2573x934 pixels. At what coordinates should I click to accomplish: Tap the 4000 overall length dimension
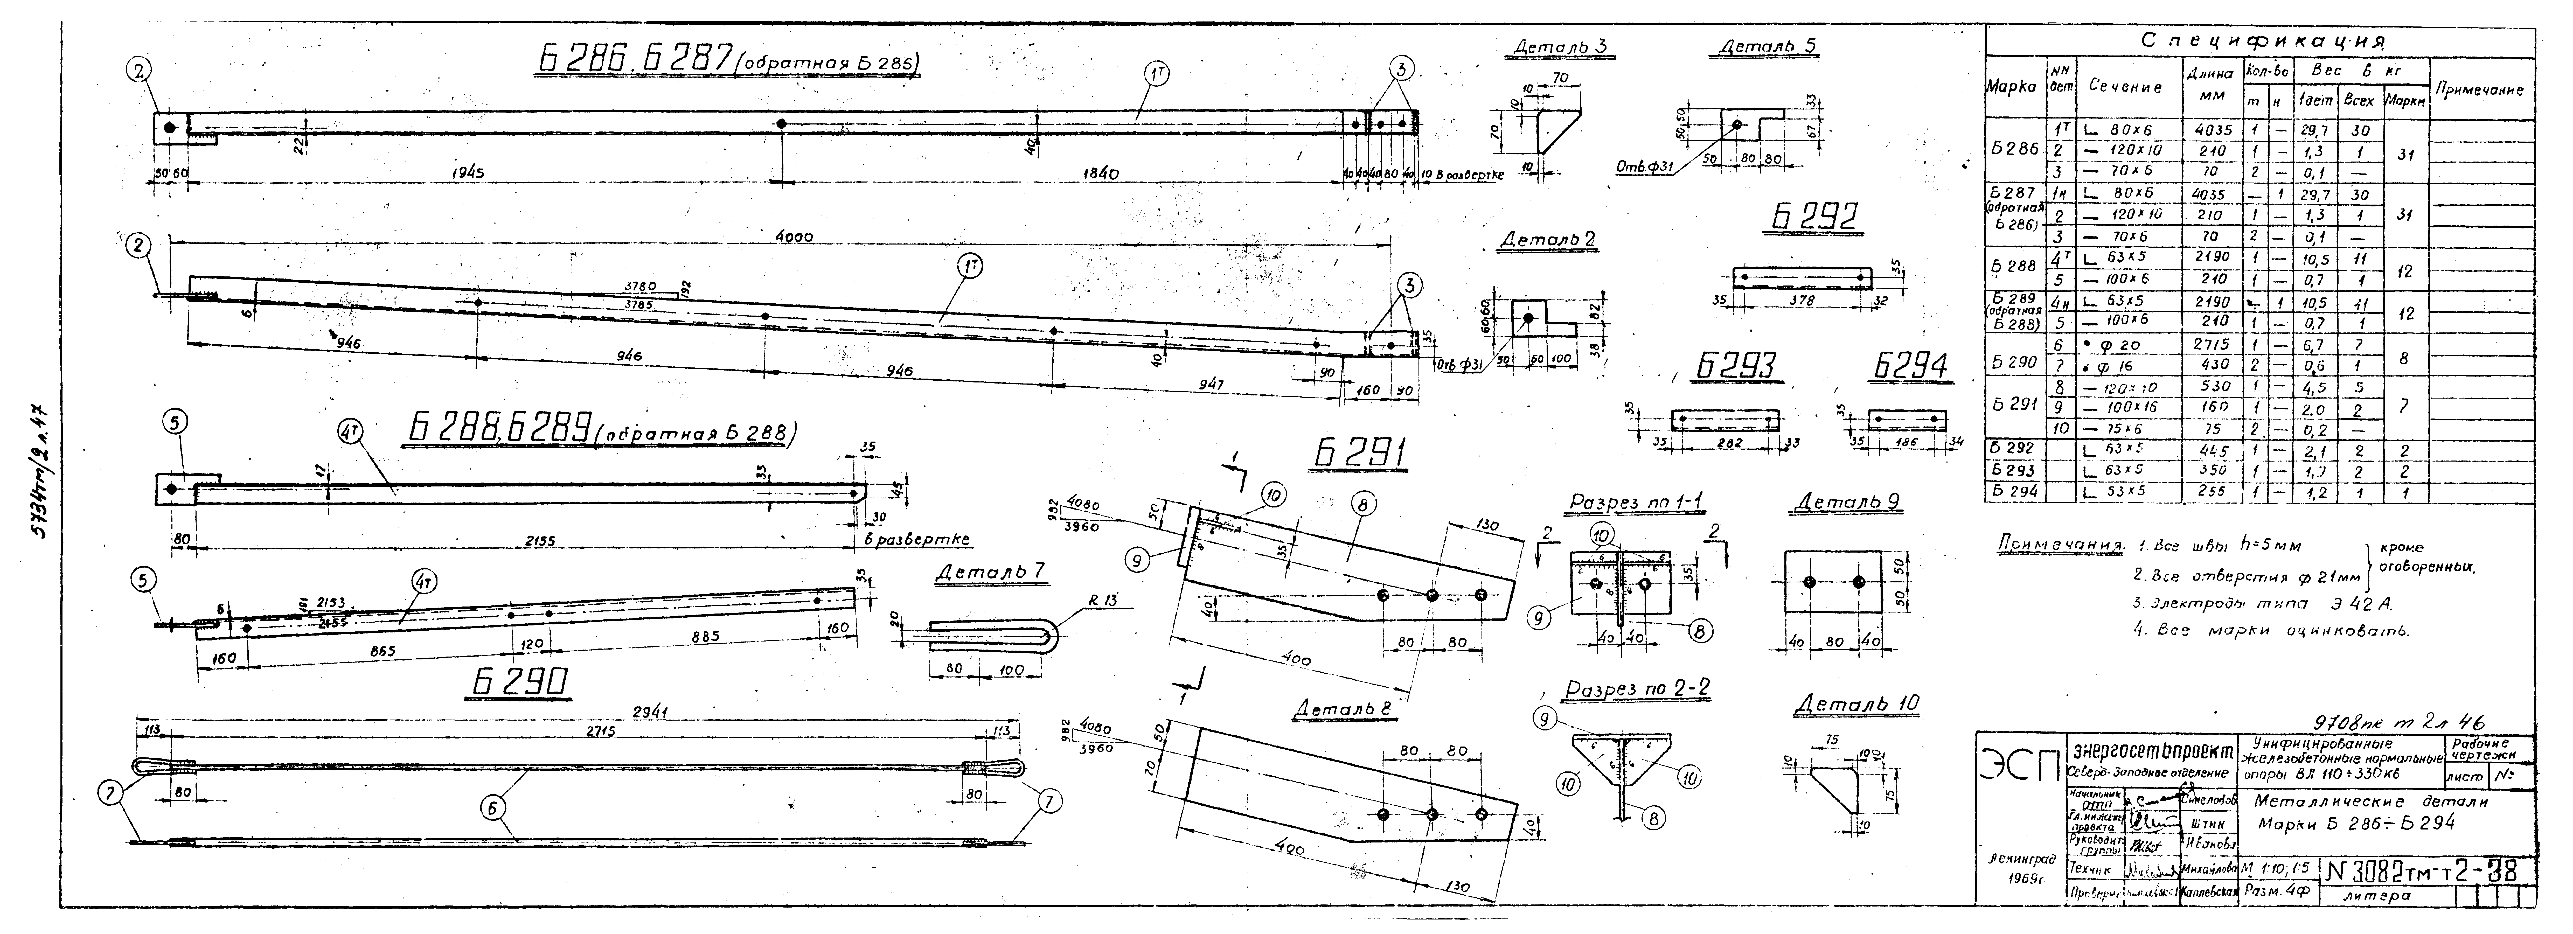(x=794, y=237)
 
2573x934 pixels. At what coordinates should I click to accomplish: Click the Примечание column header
(x=2479, y=90)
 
